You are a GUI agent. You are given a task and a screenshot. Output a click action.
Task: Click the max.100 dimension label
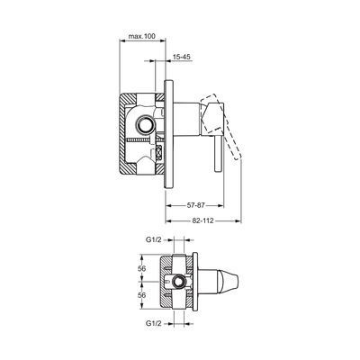click(142, 36)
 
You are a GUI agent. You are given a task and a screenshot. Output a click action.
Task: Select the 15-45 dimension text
click(182, 57)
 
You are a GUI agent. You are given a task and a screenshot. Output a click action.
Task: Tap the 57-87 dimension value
click(195, 205)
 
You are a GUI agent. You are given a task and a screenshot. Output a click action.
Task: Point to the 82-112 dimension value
click(202, 220)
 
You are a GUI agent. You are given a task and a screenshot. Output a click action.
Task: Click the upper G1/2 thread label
click(154, 239)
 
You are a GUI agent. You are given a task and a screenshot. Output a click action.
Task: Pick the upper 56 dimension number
click(141, 268)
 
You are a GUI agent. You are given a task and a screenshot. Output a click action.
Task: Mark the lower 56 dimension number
click(141, 295)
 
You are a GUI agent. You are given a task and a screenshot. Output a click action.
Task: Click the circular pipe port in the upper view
click(146, 124)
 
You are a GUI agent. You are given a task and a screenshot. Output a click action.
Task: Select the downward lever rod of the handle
click(218, 154)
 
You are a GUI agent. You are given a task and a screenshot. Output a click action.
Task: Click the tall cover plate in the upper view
click(168, 134)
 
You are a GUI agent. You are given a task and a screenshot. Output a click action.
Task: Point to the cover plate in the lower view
click(195, 282)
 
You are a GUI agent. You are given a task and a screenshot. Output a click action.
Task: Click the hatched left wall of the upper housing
click(122, 133)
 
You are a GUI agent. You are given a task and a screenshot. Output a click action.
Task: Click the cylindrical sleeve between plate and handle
click(186, 120)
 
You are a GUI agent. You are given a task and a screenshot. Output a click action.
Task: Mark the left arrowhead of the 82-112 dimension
click(168, 221)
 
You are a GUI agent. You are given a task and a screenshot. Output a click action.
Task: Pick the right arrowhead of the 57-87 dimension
click(220, 206)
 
